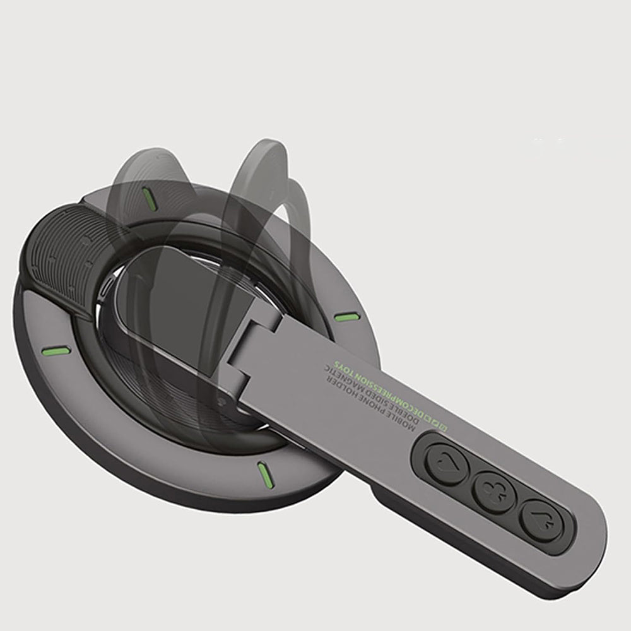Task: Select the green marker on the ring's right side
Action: pos(345,317)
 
